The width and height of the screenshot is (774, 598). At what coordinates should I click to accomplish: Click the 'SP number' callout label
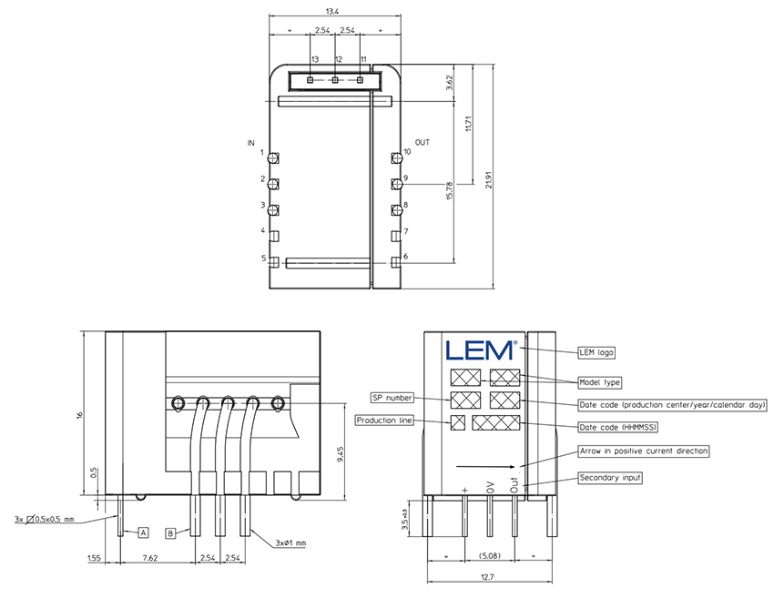click(392, 398)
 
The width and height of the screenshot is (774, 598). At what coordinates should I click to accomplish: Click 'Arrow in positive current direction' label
click(643, 451)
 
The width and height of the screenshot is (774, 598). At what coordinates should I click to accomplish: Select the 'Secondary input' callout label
click(610, 478)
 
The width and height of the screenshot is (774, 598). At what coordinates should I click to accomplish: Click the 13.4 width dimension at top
click(332, 12)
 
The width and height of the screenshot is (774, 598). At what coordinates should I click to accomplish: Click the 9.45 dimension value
click(340, 452)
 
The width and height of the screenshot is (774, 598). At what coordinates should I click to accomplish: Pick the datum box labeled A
click(143, 531)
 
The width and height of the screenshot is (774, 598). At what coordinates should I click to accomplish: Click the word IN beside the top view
click(251, 144)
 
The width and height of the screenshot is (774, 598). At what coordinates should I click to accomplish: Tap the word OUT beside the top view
click(423, 144)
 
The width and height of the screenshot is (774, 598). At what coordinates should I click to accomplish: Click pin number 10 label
click(407, 152)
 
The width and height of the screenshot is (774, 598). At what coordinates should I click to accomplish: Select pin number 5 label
click(262, 258)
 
